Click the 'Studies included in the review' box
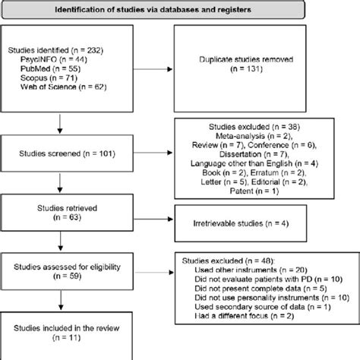(64, 334)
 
